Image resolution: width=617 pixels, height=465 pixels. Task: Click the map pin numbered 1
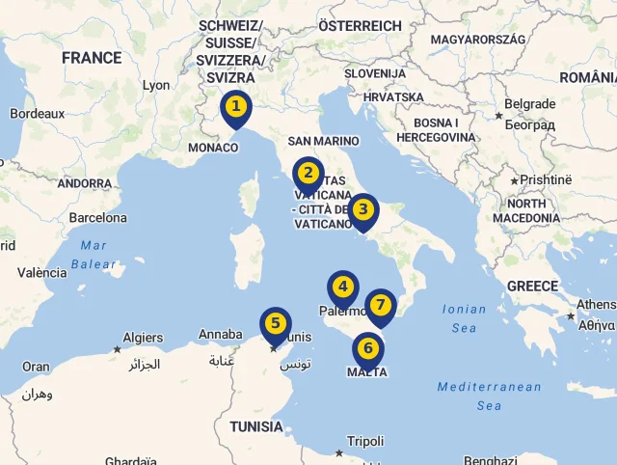click(235, 106)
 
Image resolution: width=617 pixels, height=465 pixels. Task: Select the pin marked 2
click(308, 174)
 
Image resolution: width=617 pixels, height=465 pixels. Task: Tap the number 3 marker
click(362, 209)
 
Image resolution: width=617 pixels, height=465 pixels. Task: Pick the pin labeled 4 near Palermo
click(342, 287)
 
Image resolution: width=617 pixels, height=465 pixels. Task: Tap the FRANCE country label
click(92, 58)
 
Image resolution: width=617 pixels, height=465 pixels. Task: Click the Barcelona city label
click(97, 218)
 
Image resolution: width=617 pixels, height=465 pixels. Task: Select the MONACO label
click(213, 148)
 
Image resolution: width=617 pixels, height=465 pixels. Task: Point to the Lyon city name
click(156, 85)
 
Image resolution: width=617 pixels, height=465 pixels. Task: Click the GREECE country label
click(532, 286)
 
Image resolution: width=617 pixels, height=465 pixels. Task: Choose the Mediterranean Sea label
click(489, 396)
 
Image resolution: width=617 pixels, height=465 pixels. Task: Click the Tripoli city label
click(365, 440)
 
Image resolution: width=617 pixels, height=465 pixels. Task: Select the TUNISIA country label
click(256, 426)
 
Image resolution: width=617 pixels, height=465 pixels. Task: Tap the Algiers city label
click(143, 338)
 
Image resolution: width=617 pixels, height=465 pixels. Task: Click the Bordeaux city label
click(37, 113)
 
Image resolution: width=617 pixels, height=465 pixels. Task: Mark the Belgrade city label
click(529, 104)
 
